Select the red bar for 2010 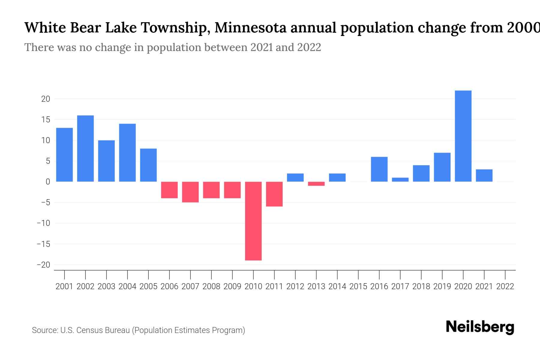(253, 221)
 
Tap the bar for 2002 (85, 148)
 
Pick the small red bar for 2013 (316, 184)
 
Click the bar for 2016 (379, 169)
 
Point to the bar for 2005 (148, 165)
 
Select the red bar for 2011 (274, 194)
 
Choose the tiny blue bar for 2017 (400, 180)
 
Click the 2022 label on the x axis (505, 286)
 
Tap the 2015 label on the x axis (358, 286)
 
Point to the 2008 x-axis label (211, 286)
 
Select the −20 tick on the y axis (43, 265)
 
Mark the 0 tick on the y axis (48, 182)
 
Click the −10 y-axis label (43, 223)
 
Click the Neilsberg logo (480, 327)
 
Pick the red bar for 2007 (190, 192)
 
